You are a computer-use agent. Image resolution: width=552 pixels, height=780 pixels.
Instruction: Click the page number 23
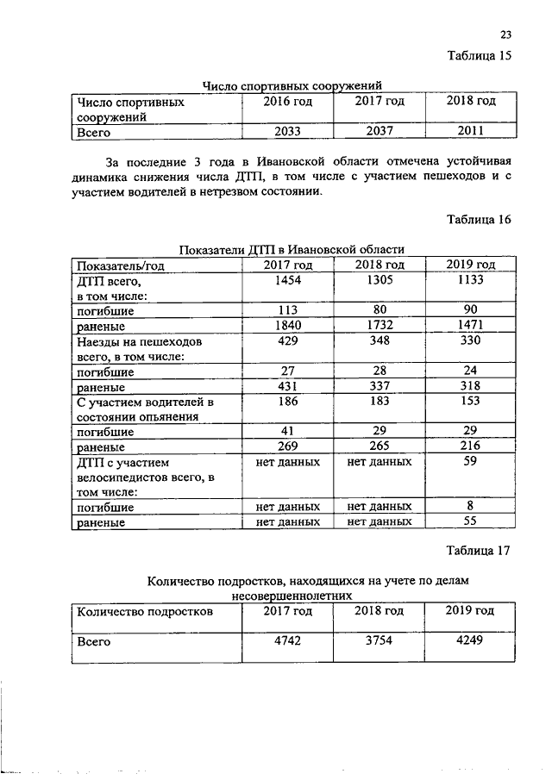505,35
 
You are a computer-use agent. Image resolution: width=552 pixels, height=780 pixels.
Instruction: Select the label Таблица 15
479,57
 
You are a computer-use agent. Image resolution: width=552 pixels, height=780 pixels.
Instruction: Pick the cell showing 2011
471,132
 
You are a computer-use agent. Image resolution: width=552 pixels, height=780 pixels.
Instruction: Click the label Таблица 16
479,220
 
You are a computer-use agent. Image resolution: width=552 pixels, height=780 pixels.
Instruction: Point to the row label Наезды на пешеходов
132,342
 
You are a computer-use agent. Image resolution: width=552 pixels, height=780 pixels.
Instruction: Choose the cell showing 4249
471,642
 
